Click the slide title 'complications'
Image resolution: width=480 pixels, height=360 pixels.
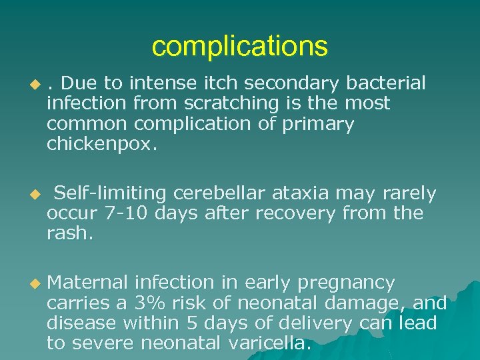click(x=240, y=47)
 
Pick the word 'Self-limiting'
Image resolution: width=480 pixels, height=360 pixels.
click(x=110, y=193)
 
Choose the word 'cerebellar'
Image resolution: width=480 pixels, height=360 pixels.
click(x=217, y=193)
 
